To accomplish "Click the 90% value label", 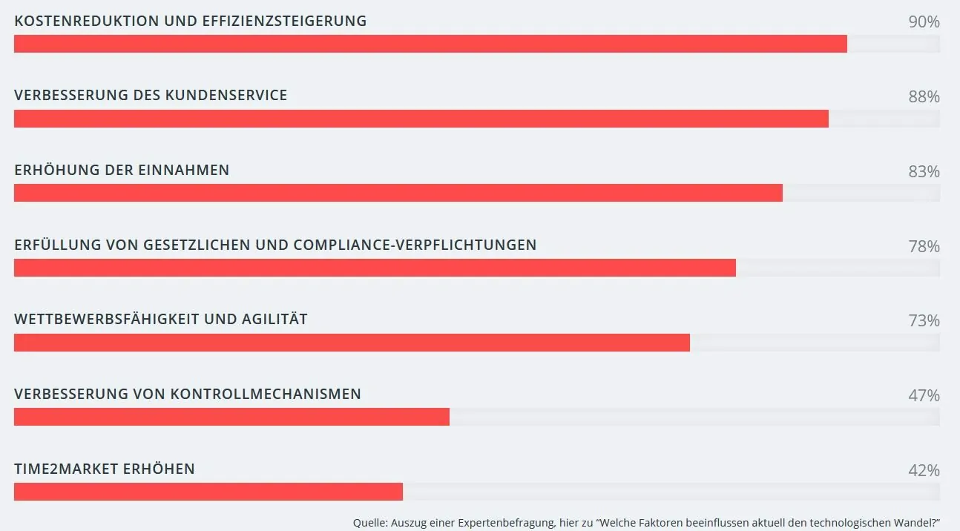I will [924, 22].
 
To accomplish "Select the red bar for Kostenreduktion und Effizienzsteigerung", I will [430, 44].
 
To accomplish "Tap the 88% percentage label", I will [924, 97].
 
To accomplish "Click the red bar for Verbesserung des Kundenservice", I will [421, 119].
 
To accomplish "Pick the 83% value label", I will [924, 172].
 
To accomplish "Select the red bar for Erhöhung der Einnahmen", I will [398, 193].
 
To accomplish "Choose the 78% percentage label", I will [924, 247].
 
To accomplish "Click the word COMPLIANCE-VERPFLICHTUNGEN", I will [415, 245].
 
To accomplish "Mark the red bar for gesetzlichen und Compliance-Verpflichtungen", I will [375, 268].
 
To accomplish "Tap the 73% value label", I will [924, 321].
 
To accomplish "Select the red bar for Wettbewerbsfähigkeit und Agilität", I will [352, 343].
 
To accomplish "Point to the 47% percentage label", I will [924, 396].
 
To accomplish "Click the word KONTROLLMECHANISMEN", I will [266, 395].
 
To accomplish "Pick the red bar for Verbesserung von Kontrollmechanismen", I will [231, 417].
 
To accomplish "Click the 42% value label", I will [924, 471].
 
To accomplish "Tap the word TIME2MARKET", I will [66, 469].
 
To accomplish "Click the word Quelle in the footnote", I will [369, 522].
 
